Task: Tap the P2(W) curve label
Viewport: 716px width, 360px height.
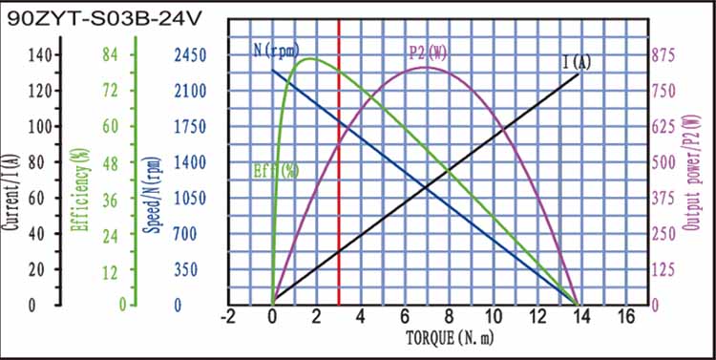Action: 427,52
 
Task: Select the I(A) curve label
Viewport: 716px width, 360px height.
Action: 577,63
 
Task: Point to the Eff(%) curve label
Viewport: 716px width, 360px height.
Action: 276,171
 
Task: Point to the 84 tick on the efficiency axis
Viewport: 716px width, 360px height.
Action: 111,55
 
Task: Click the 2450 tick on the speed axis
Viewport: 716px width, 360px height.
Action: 190,55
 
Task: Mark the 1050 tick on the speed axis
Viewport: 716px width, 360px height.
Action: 190,199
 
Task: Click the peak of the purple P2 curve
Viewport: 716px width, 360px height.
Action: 427,67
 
